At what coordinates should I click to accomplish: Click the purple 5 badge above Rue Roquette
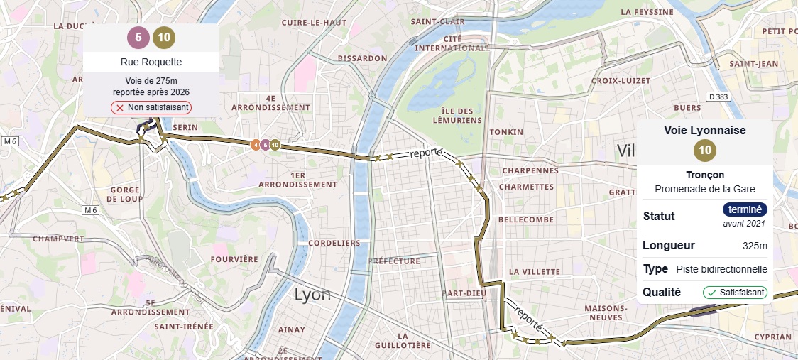tap(138, 38)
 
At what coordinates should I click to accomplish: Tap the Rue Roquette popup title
tap(151, 62)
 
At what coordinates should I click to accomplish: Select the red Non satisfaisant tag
tap(151, 107)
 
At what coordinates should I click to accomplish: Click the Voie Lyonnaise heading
tap(704, 131)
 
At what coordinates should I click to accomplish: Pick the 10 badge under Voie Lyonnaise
tap(704, 151)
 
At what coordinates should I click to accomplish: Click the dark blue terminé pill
tap(745, 209)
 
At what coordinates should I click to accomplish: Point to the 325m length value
tap(754, 246)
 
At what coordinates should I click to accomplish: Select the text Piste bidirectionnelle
tap(721, 269)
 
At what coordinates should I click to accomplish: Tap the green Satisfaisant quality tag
tap(735, 292)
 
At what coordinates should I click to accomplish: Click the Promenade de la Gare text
tap(704, 189)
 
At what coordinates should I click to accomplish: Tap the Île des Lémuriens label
tap(457, 115)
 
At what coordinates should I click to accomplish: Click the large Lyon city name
tap(312, 294)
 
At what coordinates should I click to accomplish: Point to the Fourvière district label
tap(234, 259)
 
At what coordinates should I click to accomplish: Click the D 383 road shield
tap(719, 96)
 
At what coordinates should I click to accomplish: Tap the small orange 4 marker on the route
tap(256, 145)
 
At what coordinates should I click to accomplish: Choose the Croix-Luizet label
tap(620, 81)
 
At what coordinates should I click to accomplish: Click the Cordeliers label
tap(334, 243)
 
